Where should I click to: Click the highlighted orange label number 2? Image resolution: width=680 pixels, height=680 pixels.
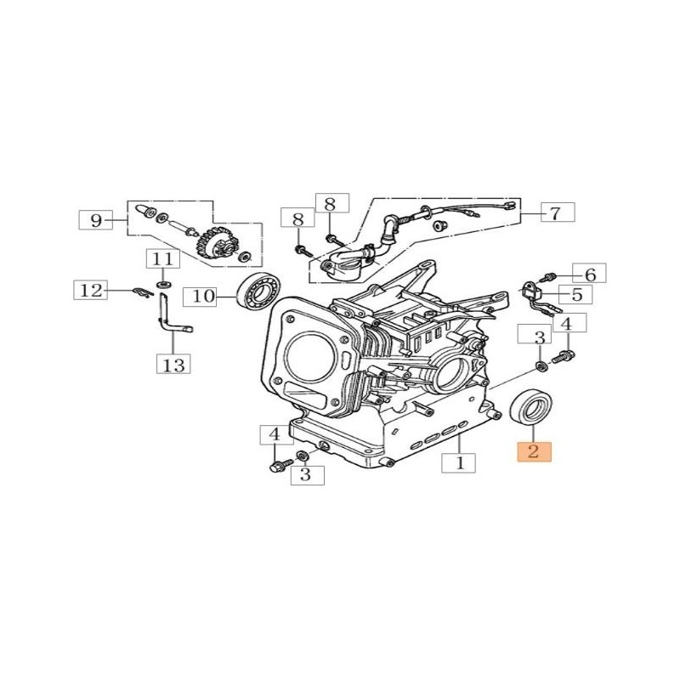click(x=534, y=452)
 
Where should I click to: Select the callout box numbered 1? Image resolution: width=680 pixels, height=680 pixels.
click(x=460, y=464)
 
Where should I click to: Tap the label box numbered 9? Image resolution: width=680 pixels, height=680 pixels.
click(x=96, y=221)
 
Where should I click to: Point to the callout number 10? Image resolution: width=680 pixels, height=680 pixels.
click(x=205, y=296)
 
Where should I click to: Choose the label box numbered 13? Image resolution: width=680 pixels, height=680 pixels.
click(x=173, y=365)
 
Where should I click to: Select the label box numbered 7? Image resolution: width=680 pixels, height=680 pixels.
click(x=555, y=212)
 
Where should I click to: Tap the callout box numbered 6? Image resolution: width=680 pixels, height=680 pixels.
click(x=590, y=273)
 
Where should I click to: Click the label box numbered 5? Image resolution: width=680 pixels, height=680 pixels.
click(x=576, y=295)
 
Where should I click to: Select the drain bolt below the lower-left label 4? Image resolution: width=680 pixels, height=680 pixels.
click(x=278, y=466)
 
